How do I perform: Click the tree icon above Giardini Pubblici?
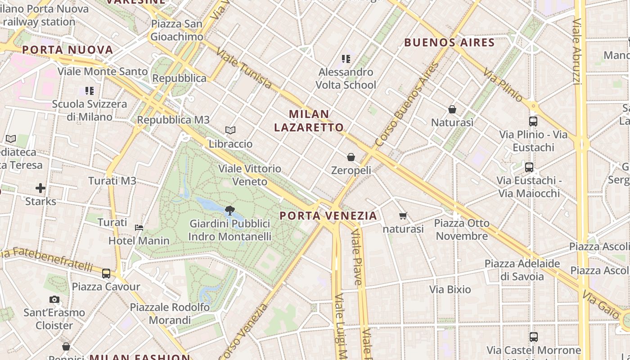(229, 210)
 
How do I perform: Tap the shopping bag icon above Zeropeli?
(351, 157)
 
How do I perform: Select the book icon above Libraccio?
(230, 130)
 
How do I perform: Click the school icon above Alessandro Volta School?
(346, 58)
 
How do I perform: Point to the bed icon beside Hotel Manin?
(139, 227)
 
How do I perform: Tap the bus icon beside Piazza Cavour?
(106, 273)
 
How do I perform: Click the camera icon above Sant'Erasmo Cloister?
(54, 299)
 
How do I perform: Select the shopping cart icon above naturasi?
(403, 216)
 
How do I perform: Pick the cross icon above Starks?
(40, 188)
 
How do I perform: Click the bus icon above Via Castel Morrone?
(533, 337)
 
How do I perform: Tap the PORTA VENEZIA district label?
(328, 216)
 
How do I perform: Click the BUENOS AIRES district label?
(450, 43)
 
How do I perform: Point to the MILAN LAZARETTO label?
(309, 121)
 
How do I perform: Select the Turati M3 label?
(112, 181)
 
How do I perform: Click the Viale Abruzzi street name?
(576, 51)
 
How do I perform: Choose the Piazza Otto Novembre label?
(462, 229)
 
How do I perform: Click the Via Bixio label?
(450, 289)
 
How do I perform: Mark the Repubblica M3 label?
(173, 120)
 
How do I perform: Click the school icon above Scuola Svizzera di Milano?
(90, 91)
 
